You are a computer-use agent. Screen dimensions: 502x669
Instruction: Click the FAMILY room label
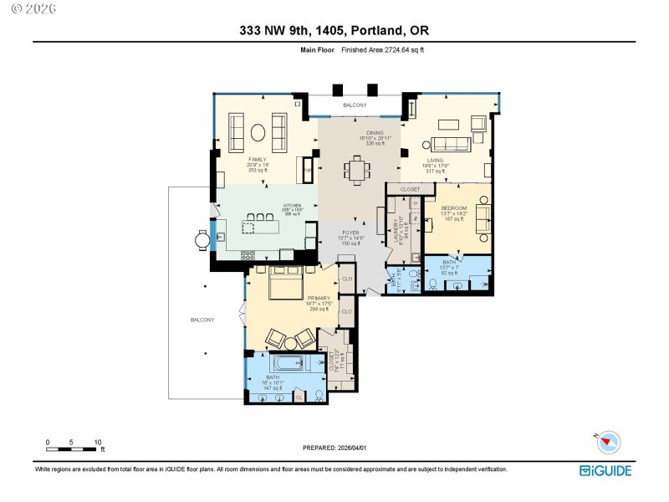(258, 159)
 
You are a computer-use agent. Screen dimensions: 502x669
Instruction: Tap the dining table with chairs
(358, 170)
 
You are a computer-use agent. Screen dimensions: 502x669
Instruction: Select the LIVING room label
(435, 159)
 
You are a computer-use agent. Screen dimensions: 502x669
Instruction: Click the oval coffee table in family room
(258, 131)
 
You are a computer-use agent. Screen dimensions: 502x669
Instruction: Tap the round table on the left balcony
(202, 240)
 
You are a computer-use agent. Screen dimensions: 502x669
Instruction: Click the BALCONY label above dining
(355, 105)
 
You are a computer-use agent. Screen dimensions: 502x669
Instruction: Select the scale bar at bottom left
(74, 449)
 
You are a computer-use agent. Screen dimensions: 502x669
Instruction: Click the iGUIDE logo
(605, 470)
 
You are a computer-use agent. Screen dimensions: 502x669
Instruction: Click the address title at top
(334, 31)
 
